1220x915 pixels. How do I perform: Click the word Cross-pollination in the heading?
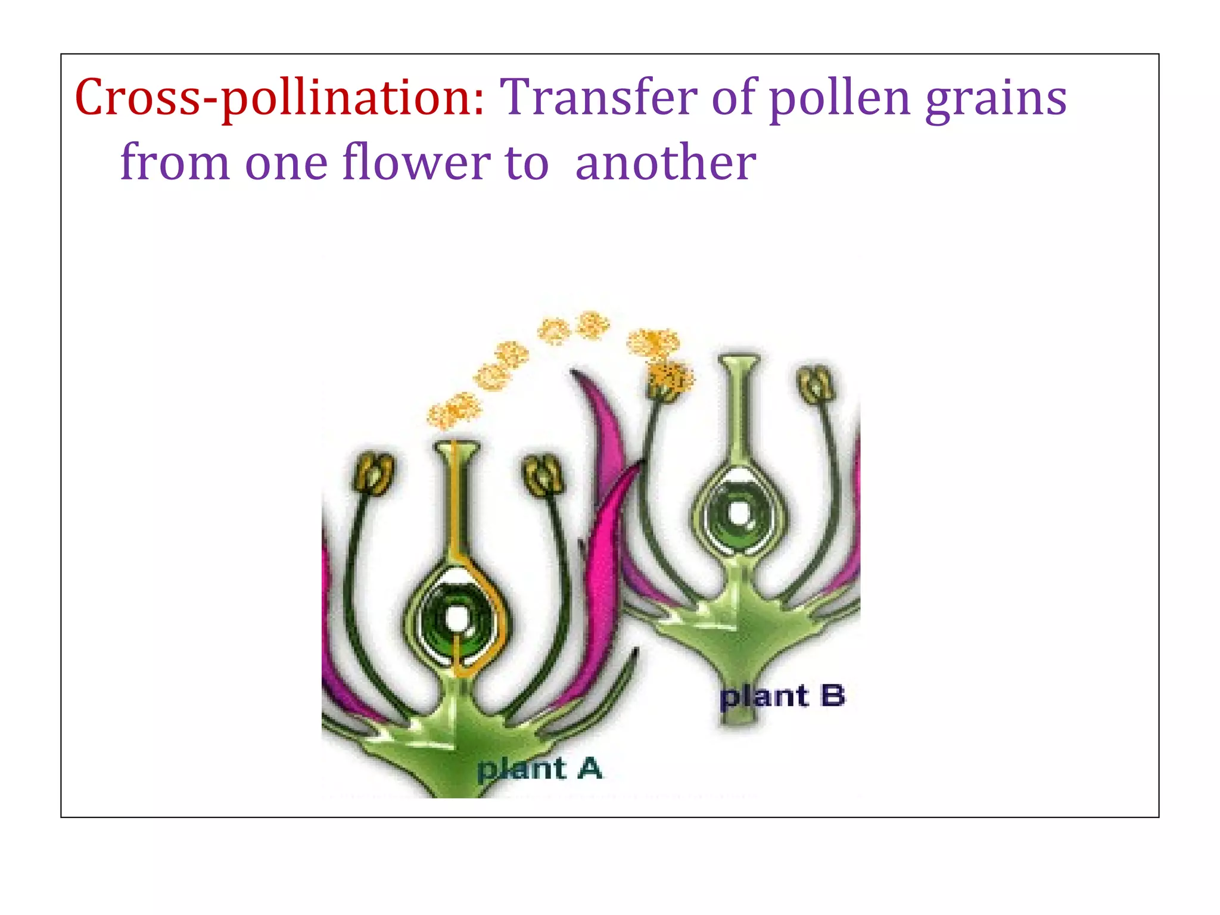279,98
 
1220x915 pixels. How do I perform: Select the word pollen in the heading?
840,98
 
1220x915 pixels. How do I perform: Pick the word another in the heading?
665,162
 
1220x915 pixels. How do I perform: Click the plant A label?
540,768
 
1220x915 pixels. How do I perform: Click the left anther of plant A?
374,473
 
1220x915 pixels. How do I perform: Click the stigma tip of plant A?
456,447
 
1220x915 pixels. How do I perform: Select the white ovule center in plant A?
457,616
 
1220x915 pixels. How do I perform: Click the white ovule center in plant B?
739,513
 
